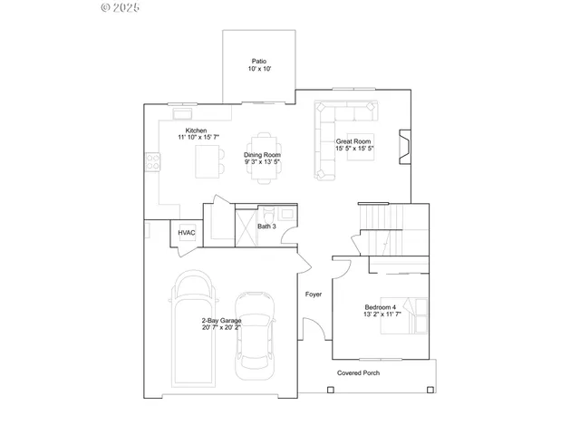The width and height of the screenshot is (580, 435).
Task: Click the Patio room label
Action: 260,61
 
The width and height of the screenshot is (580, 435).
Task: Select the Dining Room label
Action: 262,155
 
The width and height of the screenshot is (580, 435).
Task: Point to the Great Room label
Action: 354,141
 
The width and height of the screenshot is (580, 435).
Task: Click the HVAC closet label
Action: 187,233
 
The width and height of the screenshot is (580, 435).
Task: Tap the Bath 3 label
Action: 266,227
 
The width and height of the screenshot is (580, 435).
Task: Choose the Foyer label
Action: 314,294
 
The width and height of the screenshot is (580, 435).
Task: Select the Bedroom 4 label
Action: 382,307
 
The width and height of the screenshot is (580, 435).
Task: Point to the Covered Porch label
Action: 359,373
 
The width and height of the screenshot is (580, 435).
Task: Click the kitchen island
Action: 210,163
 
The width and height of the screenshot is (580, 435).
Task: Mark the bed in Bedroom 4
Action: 413,316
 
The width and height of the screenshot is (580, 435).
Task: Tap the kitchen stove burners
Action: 153,162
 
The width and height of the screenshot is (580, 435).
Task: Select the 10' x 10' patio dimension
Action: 260,69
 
